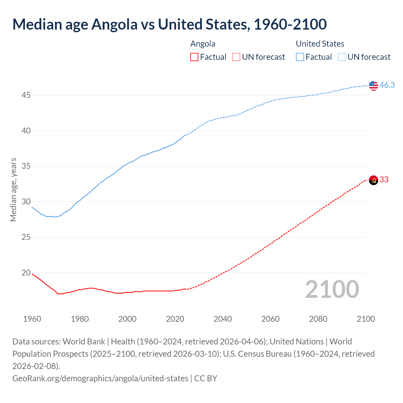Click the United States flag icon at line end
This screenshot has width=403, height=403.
[373, 85]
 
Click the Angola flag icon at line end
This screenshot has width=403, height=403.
[373, 180]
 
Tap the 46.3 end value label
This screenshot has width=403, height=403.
[387, 85]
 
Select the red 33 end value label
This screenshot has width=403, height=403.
[384, 180]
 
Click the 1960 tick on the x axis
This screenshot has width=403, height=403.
[32, 319]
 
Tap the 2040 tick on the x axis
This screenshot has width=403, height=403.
[223, 319]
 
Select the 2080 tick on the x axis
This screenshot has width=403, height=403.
[318, 319]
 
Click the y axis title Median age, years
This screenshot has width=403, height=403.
[13, 190]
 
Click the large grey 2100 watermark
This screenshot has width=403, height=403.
[332, 289]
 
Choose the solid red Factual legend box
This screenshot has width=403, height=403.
[194, 57]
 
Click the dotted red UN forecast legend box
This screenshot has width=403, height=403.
[236, 57]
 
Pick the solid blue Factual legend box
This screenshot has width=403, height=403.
[300, 57]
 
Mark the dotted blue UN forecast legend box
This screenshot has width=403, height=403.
[342, 57]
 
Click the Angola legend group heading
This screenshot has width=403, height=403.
[203, 44]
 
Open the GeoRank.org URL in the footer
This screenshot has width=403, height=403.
[100, 378]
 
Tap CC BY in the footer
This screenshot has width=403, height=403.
[206, 378]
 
